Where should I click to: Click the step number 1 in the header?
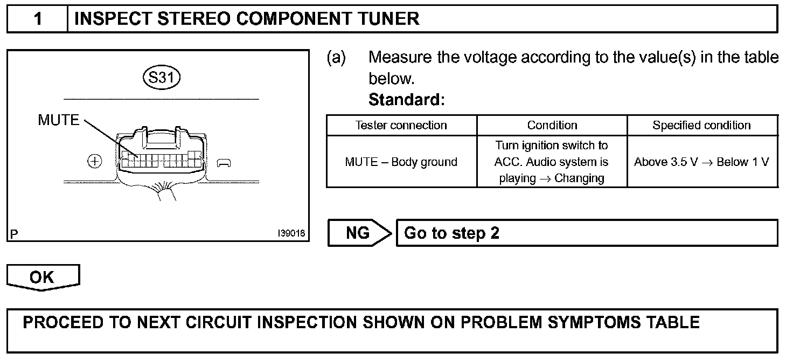click(37, 19)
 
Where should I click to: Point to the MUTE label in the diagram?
click(58, 120)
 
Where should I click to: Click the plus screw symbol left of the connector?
click(95, 161)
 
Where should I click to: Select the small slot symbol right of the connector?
click(224, 162)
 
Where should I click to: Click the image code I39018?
click(291, 234)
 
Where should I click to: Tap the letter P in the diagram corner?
click(13, 234)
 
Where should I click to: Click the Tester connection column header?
click(401, 126)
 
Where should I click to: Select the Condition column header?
click(552, 126)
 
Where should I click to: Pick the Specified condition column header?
click(701, 126)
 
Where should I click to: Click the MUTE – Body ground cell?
click(401, 162)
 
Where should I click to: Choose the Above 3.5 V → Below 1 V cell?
click(701, 162)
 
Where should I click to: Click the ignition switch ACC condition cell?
click(552, 162)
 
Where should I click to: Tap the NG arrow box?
click(359, 233)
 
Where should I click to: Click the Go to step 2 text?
click(451, 233)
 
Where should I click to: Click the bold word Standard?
click(406, 100)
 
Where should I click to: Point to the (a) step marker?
click(336, 57)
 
